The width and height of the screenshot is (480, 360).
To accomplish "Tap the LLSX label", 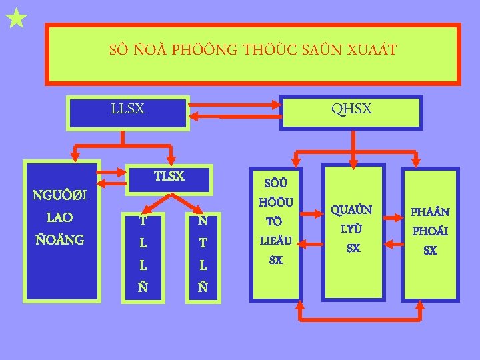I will click(127, 108).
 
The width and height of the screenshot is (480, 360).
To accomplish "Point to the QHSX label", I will click(351, 108).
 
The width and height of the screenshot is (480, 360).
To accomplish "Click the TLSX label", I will click(169, 176).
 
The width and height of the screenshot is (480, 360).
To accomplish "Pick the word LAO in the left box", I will click(60, 217).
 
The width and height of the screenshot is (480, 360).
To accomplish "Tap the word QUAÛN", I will click(353, 210).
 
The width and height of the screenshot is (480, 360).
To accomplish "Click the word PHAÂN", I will click(430, 212).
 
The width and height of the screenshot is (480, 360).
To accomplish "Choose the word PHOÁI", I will click(430, 233).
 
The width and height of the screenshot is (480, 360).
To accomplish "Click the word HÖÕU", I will click(275, 201).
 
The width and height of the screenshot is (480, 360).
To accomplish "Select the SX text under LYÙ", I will click(353, 248).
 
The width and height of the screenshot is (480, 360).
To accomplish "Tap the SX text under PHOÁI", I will click(430, 251).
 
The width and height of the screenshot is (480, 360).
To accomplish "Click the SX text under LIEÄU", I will click(275, 259).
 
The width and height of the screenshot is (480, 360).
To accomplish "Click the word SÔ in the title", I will click(118, 50).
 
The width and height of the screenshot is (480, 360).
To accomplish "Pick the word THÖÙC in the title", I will click(268, 50).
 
